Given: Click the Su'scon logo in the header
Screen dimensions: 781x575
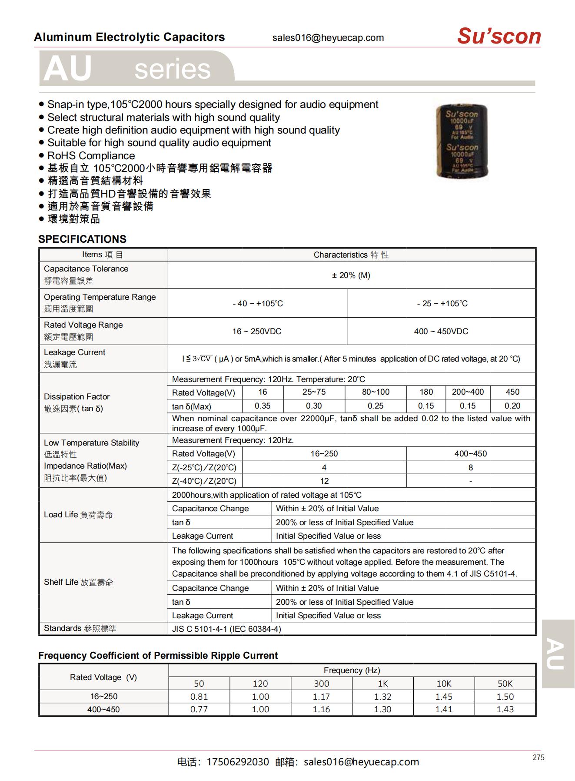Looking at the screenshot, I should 499,36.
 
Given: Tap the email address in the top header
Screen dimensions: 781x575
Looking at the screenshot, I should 328,38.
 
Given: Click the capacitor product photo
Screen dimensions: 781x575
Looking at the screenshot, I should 462,141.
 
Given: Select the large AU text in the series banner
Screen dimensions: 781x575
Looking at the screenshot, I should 68,69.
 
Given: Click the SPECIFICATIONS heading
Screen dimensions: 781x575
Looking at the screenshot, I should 82,239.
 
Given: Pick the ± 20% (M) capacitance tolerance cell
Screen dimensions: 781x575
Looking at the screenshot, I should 351,275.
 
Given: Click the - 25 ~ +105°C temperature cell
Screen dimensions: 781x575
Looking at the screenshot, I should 442,303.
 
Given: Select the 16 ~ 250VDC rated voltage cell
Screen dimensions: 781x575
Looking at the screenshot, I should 256,331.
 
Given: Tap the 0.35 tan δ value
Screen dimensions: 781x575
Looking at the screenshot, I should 263,406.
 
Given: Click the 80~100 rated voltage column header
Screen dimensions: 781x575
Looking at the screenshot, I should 376,392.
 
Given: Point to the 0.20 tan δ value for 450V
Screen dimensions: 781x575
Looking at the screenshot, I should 512,406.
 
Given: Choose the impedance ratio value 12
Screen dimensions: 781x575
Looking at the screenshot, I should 324,481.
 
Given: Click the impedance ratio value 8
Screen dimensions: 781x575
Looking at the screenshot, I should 470,467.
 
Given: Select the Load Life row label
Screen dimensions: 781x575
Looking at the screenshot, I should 78,515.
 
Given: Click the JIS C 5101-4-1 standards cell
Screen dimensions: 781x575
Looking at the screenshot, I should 226,629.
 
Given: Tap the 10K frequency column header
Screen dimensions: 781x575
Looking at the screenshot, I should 444,684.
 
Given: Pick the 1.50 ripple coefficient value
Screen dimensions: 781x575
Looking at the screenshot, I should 505,697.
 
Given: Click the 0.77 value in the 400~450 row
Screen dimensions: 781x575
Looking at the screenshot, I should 199,709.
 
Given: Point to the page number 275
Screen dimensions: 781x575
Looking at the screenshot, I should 538,758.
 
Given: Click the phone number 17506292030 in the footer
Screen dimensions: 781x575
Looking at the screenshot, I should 238,762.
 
